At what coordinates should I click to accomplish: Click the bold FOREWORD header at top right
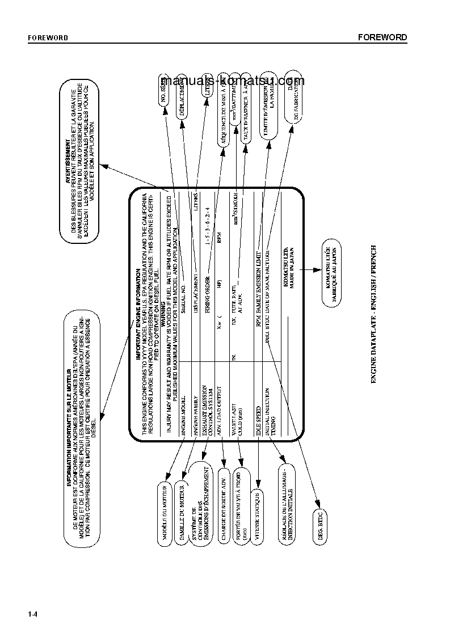tap(382, 37)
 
